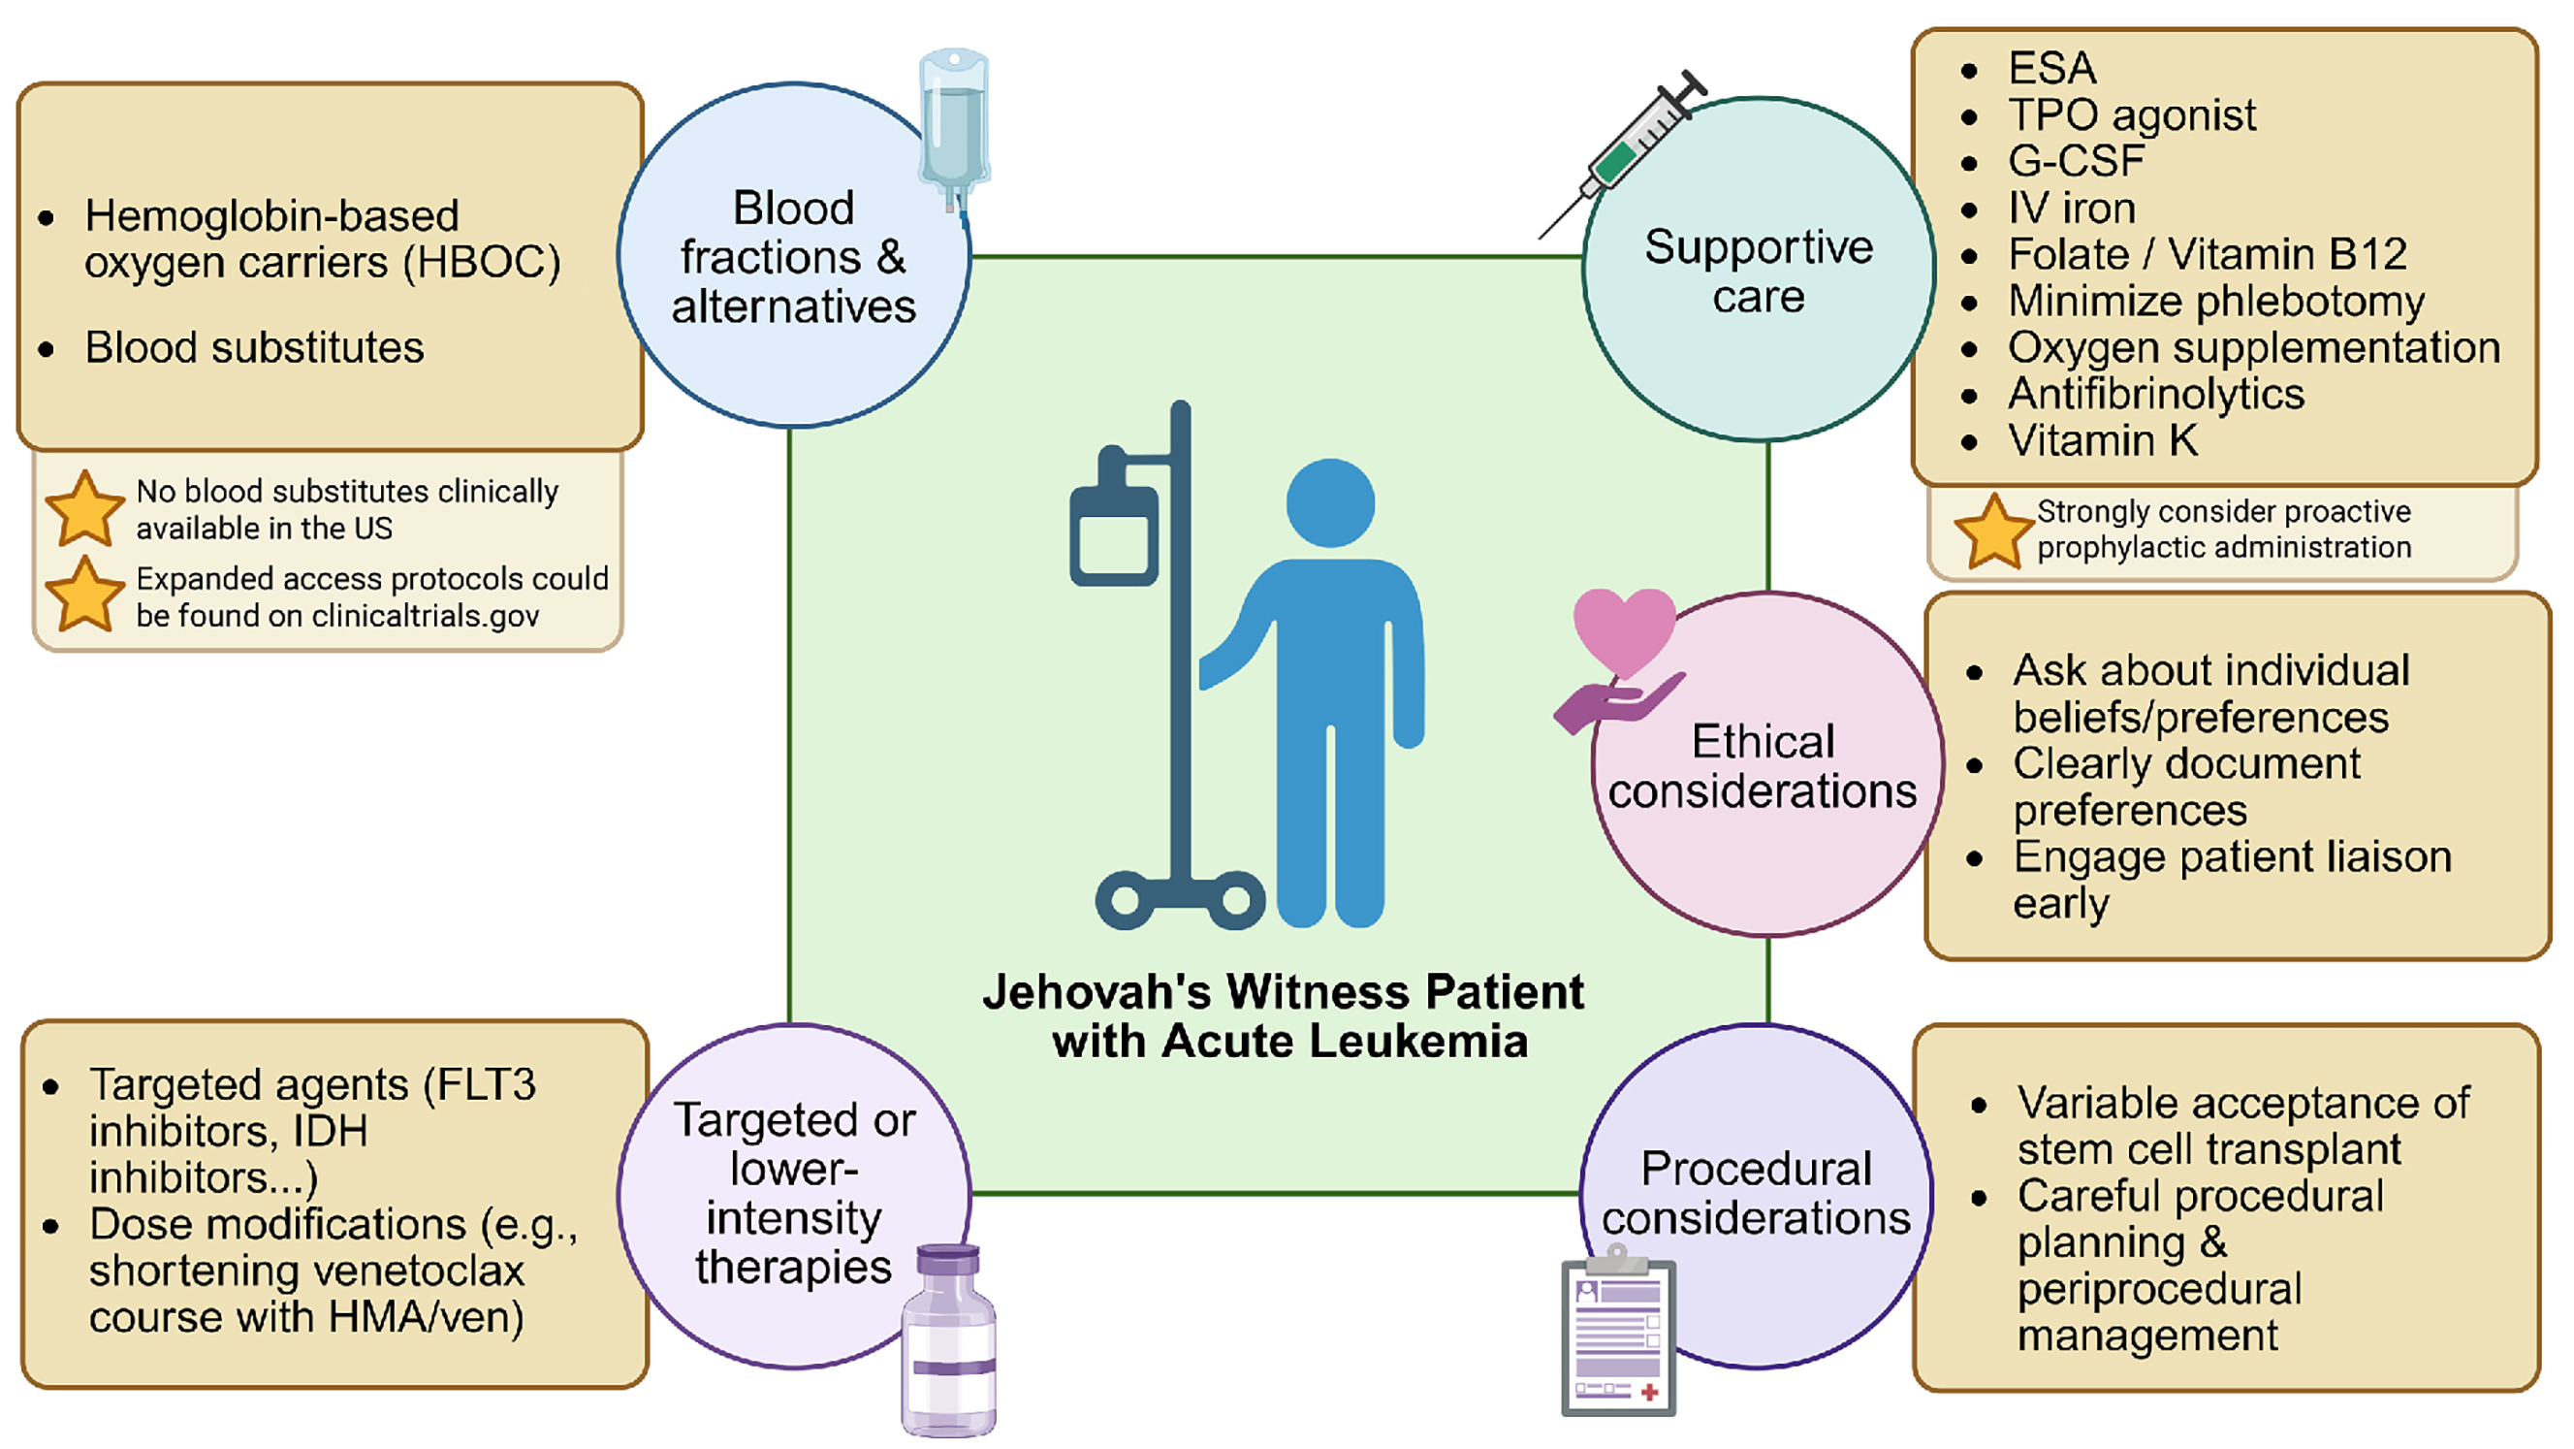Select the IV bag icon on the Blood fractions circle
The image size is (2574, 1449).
pos(954,120)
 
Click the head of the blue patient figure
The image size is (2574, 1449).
pos(1330,502)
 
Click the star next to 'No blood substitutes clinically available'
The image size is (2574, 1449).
pos(85,509)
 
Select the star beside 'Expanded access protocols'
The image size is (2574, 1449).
pos(85,596)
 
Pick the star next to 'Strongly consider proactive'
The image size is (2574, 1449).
pos(1992,531)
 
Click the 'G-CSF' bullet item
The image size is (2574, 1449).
pos(2077,161)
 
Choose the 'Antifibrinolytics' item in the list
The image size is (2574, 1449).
pos(2155,394)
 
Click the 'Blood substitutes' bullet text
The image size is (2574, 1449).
pos(254,348)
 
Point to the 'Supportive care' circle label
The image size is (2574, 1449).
pos(1759,272)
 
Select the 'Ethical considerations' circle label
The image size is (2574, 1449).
pos(1763,766)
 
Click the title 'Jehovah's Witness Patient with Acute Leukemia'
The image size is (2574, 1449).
pos(1284,1016)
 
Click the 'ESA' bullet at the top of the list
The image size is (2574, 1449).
pos(2051,68)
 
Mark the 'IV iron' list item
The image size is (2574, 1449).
pos(2072,208)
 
